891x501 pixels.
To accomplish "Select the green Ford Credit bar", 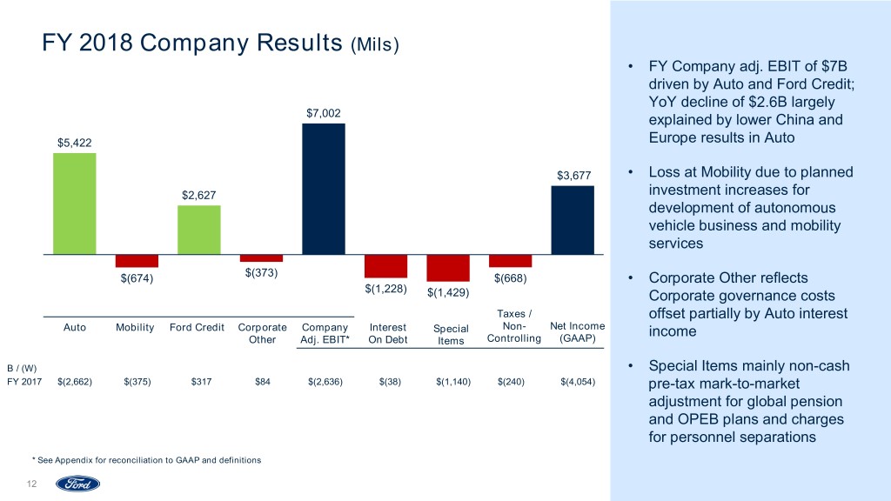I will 199,230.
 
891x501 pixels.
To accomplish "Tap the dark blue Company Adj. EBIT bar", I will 324,189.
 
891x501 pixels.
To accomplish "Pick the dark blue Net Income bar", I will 573,220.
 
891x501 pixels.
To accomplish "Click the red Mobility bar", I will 137,261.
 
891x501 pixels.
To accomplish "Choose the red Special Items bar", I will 448,268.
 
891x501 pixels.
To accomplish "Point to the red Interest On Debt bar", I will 385,266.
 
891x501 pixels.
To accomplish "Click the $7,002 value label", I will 324,113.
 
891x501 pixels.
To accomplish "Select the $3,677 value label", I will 573,176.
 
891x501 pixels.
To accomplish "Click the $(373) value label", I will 261,273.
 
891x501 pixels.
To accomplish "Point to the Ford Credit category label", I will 198,328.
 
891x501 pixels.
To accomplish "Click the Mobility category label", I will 135,328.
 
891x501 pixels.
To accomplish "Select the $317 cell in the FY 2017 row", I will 199,381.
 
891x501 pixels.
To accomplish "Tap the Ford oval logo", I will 78,484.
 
